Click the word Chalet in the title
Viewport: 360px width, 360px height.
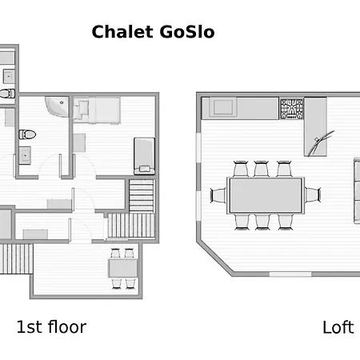coord(122,32)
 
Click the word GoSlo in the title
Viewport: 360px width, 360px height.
coord(187,32)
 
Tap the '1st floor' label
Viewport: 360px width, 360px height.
coord(51,327)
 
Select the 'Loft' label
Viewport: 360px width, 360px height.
coord(338,327)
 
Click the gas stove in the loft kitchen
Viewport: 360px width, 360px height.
coord(292,109)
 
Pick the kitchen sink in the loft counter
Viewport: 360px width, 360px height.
coord(223,107)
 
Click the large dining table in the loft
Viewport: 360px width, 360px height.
coord(266,195)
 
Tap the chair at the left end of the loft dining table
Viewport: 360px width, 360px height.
coord(218,195)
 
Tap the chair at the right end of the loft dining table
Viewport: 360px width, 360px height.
coord(313,194)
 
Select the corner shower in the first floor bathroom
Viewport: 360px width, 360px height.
coord(57,106)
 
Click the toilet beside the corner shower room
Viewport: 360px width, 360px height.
coord(27,134)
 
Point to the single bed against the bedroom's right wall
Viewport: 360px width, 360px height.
coord(144,156)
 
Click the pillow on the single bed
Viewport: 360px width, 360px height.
coord(145,169)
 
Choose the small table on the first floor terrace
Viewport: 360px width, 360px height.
coord(123,268)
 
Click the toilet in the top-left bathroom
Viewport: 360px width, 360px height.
coord(7,94)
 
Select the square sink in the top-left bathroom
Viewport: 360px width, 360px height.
coord(9,76)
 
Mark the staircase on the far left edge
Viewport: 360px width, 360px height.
coord(16,258)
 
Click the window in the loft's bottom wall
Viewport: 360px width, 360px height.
coord(290,274)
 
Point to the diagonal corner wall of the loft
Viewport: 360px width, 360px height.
coord(215,258)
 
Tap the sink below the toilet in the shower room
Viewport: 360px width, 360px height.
coord(25,155)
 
